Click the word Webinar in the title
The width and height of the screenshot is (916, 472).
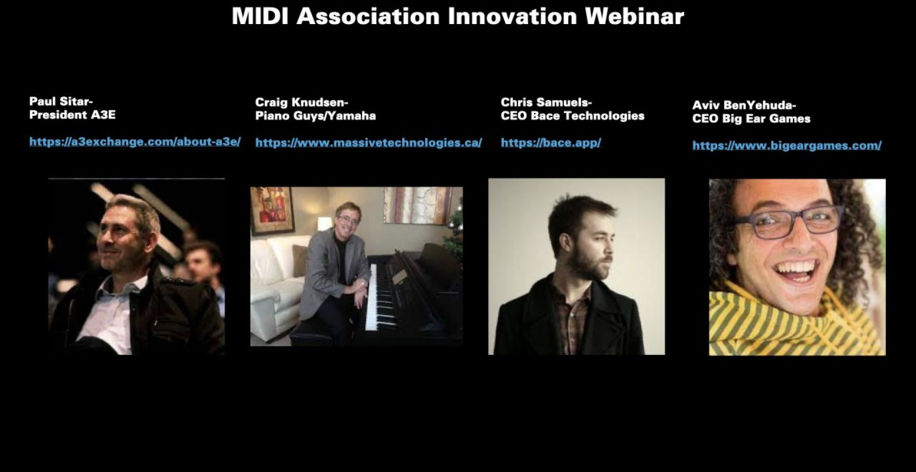click(x=634, y=16)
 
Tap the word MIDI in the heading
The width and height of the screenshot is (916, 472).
click(x=260, y=16)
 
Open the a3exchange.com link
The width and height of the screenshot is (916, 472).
click(x=135, y=142)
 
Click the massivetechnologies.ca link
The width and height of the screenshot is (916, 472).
click(x=369, y=143)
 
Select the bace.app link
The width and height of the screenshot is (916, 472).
click(x=551, y=143)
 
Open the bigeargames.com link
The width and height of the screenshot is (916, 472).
click(x=787, y=145)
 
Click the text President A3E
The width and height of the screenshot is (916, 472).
click(x=73, y=115)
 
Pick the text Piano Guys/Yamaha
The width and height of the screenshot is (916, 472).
click(x=316, y=116)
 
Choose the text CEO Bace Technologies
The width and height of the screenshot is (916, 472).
click(x=573, y=116)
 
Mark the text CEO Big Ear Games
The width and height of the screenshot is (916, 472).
click(x=751, y=119)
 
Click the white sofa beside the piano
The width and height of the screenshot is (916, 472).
click(x=278, y=287)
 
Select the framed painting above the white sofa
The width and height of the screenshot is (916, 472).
click(x=272, y=211)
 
